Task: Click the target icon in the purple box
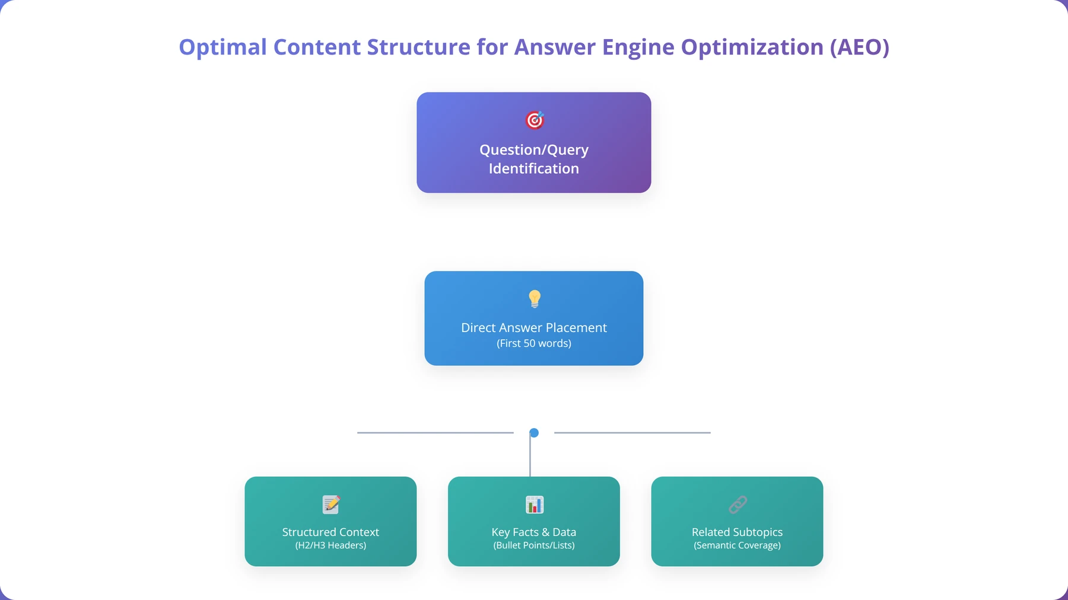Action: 535,120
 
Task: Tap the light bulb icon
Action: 535,299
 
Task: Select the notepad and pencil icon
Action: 331,505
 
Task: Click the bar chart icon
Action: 535,505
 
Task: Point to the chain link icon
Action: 738,505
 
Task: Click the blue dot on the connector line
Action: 534,433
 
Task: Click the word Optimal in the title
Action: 223,47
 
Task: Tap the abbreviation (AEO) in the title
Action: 860,47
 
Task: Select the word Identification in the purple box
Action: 534,168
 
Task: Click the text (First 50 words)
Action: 534,343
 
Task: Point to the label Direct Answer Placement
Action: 534,327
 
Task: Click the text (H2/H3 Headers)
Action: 330,545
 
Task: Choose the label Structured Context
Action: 330,532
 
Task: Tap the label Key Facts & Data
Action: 534,532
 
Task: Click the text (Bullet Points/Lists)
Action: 534,545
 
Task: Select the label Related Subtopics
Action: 737,532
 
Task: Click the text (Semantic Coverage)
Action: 737,545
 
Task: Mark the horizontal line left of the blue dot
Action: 436,433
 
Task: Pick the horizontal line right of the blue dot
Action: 632,433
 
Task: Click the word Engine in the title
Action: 638,47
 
